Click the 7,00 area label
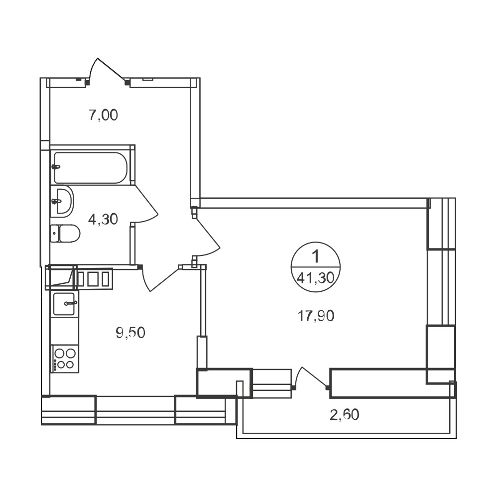point(103,115)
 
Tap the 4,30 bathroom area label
point(103,219)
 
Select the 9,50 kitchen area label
point(130,333)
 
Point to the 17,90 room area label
point(316,316)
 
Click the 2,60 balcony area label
point(345,415)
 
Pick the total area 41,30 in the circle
point(316,278)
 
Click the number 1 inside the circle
point(315,256)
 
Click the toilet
point(65,234)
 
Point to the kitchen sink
point(64,304)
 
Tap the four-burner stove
point(65,359)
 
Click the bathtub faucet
point(56,166)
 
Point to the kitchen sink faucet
point(70,303)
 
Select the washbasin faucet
point(56,201)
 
